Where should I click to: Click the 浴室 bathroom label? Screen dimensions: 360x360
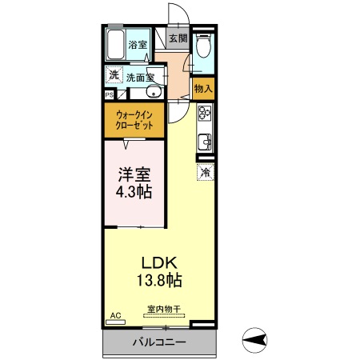[138, 44]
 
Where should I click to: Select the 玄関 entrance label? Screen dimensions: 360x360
[178, 38]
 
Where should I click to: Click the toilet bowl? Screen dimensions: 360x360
[204, 49]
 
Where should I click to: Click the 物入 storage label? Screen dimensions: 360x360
[203, 88]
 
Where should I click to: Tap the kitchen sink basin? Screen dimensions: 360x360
[205, 142]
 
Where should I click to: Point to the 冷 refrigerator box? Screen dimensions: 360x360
[205, 171]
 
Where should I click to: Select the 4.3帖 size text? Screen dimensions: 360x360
[134, 192]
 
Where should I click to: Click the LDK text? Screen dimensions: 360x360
[159, 262]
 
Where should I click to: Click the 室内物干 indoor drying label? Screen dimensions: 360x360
[162, 309]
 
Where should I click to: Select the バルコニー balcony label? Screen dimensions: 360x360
[160, 342]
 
